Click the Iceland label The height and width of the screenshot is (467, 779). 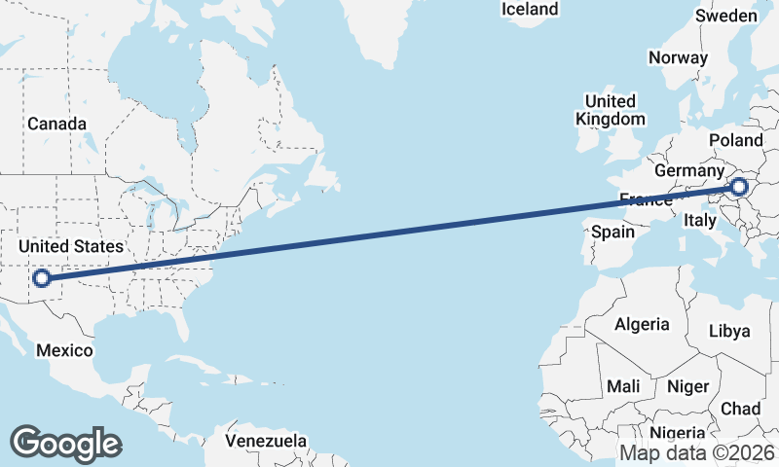click(x=530, y=9)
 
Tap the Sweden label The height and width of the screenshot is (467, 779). click(x=726, y=16)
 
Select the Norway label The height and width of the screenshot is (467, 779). click(x=678, y=57)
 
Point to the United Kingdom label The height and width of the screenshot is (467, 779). click(x=611, y=110)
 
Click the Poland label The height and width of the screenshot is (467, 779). click(x=736, y=140)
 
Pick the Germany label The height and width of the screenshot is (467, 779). click(x=686, y=170)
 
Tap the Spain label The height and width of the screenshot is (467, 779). click(x=612, y=232)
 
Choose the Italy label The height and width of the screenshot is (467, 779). click(x=700, y=221)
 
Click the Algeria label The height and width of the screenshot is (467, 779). click(x=642, y=324)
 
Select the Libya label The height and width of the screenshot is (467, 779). click(x=730, y=331)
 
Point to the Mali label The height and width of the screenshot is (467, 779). click(x=623, y=386)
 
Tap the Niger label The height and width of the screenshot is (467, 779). click(x=687, y=386)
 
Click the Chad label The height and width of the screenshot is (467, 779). click(x=741, y=409)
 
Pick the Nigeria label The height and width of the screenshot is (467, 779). click(x=676, y=433)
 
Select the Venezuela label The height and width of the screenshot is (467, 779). click(x=266, y=441)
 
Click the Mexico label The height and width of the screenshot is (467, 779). click(x=63, y=350)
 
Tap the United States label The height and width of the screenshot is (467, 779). click(x=72, y=246)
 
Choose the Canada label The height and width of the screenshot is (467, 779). click(x=56, y=124)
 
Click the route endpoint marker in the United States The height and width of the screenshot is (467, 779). click(x=41, y=279)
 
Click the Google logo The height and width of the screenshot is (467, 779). click(x=66, y=443)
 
